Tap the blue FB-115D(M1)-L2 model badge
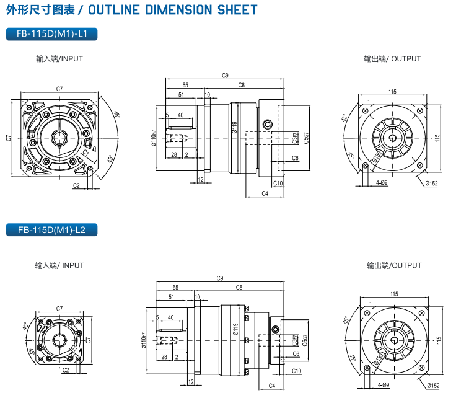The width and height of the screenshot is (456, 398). coord(51,230)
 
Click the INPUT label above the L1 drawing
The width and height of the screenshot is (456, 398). coord(59,59)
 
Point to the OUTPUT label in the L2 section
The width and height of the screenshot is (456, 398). coord(394,265)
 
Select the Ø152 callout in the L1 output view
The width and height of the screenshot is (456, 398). coord(431,184)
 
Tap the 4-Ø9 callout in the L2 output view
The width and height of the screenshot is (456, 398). coord(383,385)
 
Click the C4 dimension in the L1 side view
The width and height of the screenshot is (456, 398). coord(265,194)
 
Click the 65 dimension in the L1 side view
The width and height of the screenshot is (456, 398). coord(185,85)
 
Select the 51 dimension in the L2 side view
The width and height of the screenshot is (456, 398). coord(171,297)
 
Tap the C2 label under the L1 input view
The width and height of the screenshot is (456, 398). coord(76,185)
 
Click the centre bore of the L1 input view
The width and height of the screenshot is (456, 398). coord(59,137)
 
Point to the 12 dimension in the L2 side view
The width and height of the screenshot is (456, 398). coord(190,382)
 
